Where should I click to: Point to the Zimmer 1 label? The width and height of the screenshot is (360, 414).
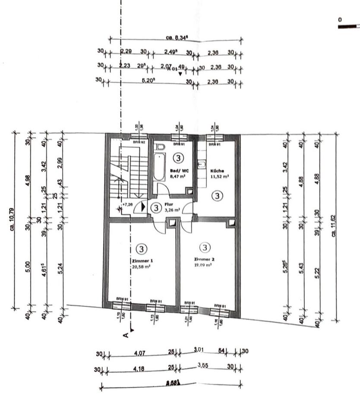pyautogui.click(x=143, y=261)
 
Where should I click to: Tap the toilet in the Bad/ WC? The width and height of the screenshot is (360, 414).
pyautogui.click(x=160, y=147)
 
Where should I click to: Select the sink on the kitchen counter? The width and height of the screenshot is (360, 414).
pyautogui.click(x=202, y=164)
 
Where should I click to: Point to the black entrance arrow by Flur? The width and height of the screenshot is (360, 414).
pyautogui.click(x=142, y=207)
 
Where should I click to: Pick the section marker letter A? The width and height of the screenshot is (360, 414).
pyautogui.click(x=126, y=334)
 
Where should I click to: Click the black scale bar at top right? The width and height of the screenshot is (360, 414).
pyautogui.click(x=349, y=27)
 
